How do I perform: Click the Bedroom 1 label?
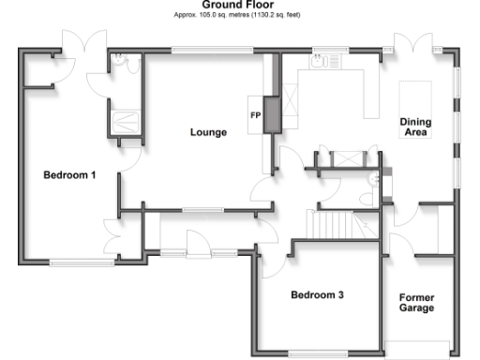click(69, 175)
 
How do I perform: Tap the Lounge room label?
click(208, 132)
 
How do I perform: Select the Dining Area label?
click(414, 127)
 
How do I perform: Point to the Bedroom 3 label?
click(317, 295)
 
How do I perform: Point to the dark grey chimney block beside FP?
click(271, 113)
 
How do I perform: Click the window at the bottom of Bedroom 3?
click(317, 352)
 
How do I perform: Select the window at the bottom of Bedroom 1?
click(76, 262)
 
